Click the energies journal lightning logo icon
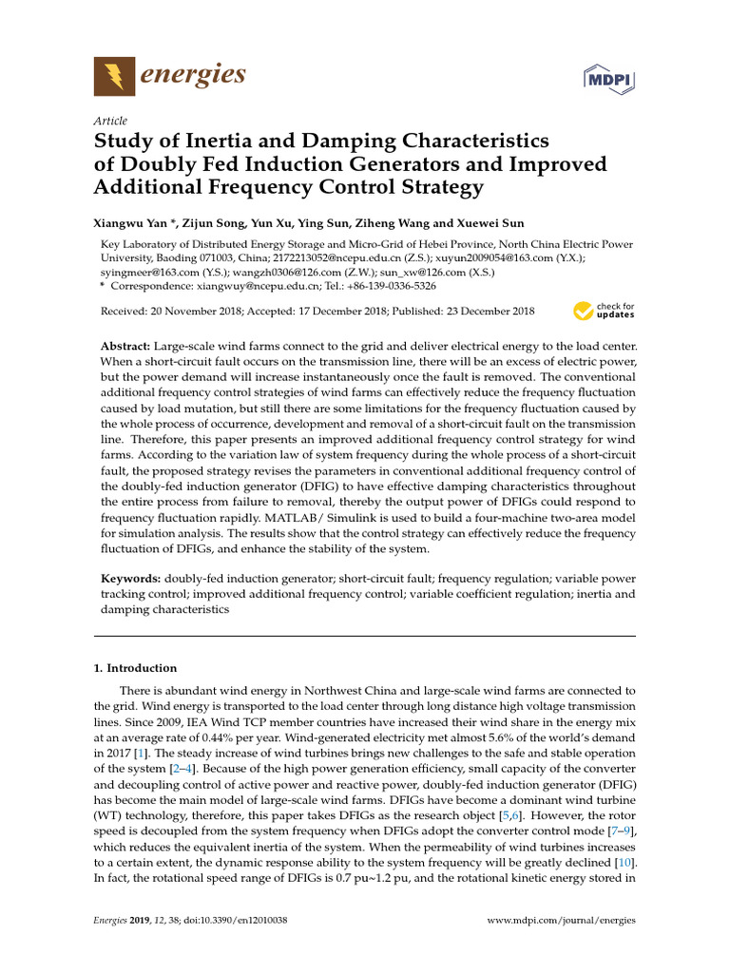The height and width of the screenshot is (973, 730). click(x=114, y=75)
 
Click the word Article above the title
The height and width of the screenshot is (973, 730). click(x=110, y=122)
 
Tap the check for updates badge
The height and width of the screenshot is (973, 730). click(x=604, y=311)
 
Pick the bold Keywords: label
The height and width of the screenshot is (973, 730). click(x=130, y=579)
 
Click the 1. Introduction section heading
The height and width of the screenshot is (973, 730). click(x=135, y=668)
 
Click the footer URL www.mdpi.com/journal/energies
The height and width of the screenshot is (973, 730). click(x=561, y=921)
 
